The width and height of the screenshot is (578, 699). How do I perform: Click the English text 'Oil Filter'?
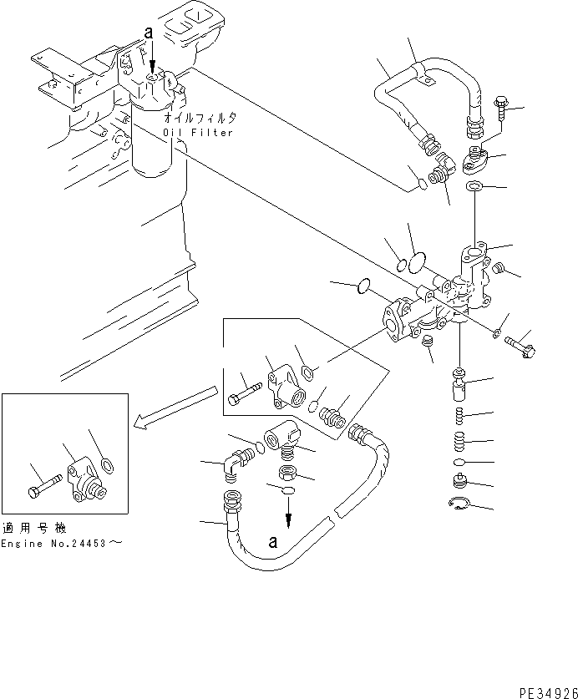click(x=200, y=133)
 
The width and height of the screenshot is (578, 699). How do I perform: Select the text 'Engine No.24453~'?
click(x=62, y=543)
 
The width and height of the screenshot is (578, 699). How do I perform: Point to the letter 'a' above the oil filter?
click(x=149, y=33)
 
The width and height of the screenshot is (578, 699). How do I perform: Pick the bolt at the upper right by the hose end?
click(x=499, y=109)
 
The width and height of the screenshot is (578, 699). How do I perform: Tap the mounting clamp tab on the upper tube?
click(x=424, y=80)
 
